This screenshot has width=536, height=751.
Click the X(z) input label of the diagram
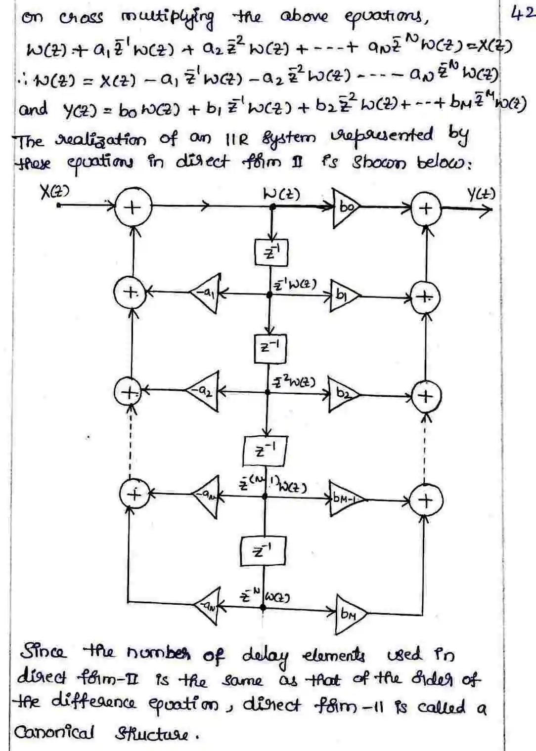(54, 192)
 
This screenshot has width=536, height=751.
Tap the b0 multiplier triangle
(345, 208)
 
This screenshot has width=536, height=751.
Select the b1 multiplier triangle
(343, 296)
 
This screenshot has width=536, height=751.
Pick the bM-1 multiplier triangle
(346, 499)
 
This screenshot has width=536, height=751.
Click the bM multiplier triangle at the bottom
(350, 614)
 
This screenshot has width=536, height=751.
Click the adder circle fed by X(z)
(132, 208)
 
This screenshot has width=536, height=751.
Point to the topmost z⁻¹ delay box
(271, 253)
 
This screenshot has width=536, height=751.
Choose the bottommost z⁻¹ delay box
(263, 551)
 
